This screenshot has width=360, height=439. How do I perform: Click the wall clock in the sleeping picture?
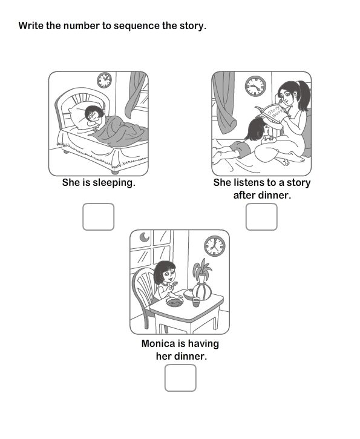coord(105,80)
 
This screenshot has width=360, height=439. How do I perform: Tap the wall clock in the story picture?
coord(255,86)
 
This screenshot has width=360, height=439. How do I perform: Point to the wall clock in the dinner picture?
coord(214,246)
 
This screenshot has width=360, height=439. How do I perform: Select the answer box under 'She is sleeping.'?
coord(98,217)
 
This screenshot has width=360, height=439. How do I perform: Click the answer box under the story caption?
coord(261,217)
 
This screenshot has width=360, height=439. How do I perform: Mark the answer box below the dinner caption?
coord(180,377)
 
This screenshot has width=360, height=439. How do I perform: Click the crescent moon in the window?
coord(144,237)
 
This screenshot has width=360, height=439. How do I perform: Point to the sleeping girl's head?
coord(94,114)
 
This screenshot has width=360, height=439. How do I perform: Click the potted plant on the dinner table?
coord(202,282)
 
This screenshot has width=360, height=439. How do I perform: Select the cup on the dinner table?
coord(196,301)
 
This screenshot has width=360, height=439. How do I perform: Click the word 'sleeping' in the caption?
coord(114,182)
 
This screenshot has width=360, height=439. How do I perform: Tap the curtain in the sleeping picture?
coord(136,94)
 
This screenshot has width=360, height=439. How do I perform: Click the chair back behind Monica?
coord(143,288)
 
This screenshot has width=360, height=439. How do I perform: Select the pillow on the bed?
coord(79,112)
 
